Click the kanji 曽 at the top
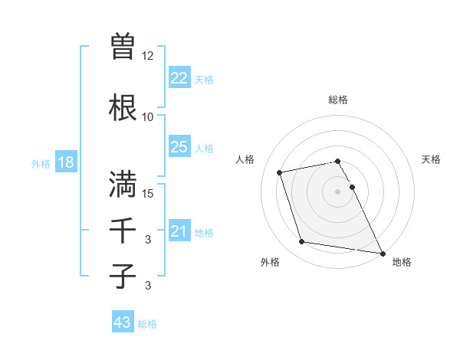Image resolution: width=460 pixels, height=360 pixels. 123,47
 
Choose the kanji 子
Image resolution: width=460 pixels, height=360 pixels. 123,276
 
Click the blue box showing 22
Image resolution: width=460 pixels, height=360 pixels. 179,78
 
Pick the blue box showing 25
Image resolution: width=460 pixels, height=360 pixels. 179,147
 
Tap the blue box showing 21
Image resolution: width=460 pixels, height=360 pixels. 179,231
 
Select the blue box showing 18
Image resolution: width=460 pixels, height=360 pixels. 65,163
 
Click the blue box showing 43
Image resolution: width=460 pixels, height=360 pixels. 123,322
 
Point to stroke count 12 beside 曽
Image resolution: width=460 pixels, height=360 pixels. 147,56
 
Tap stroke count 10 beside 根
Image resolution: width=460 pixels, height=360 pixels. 147,116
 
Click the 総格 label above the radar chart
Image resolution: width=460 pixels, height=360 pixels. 338,100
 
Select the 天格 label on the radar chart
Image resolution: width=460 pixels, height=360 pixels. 431,159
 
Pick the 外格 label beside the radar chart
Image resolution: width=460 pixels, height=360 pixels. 270,262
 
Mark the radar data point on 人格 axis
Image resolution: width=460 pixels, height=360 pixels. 280,172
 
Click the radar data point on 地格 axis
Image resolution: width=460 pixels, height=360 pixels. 383,252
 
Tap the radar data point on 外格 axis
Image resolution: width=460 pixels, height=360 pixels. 302,242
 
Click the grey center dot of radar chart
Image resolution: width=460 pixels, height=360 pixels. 338,191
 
